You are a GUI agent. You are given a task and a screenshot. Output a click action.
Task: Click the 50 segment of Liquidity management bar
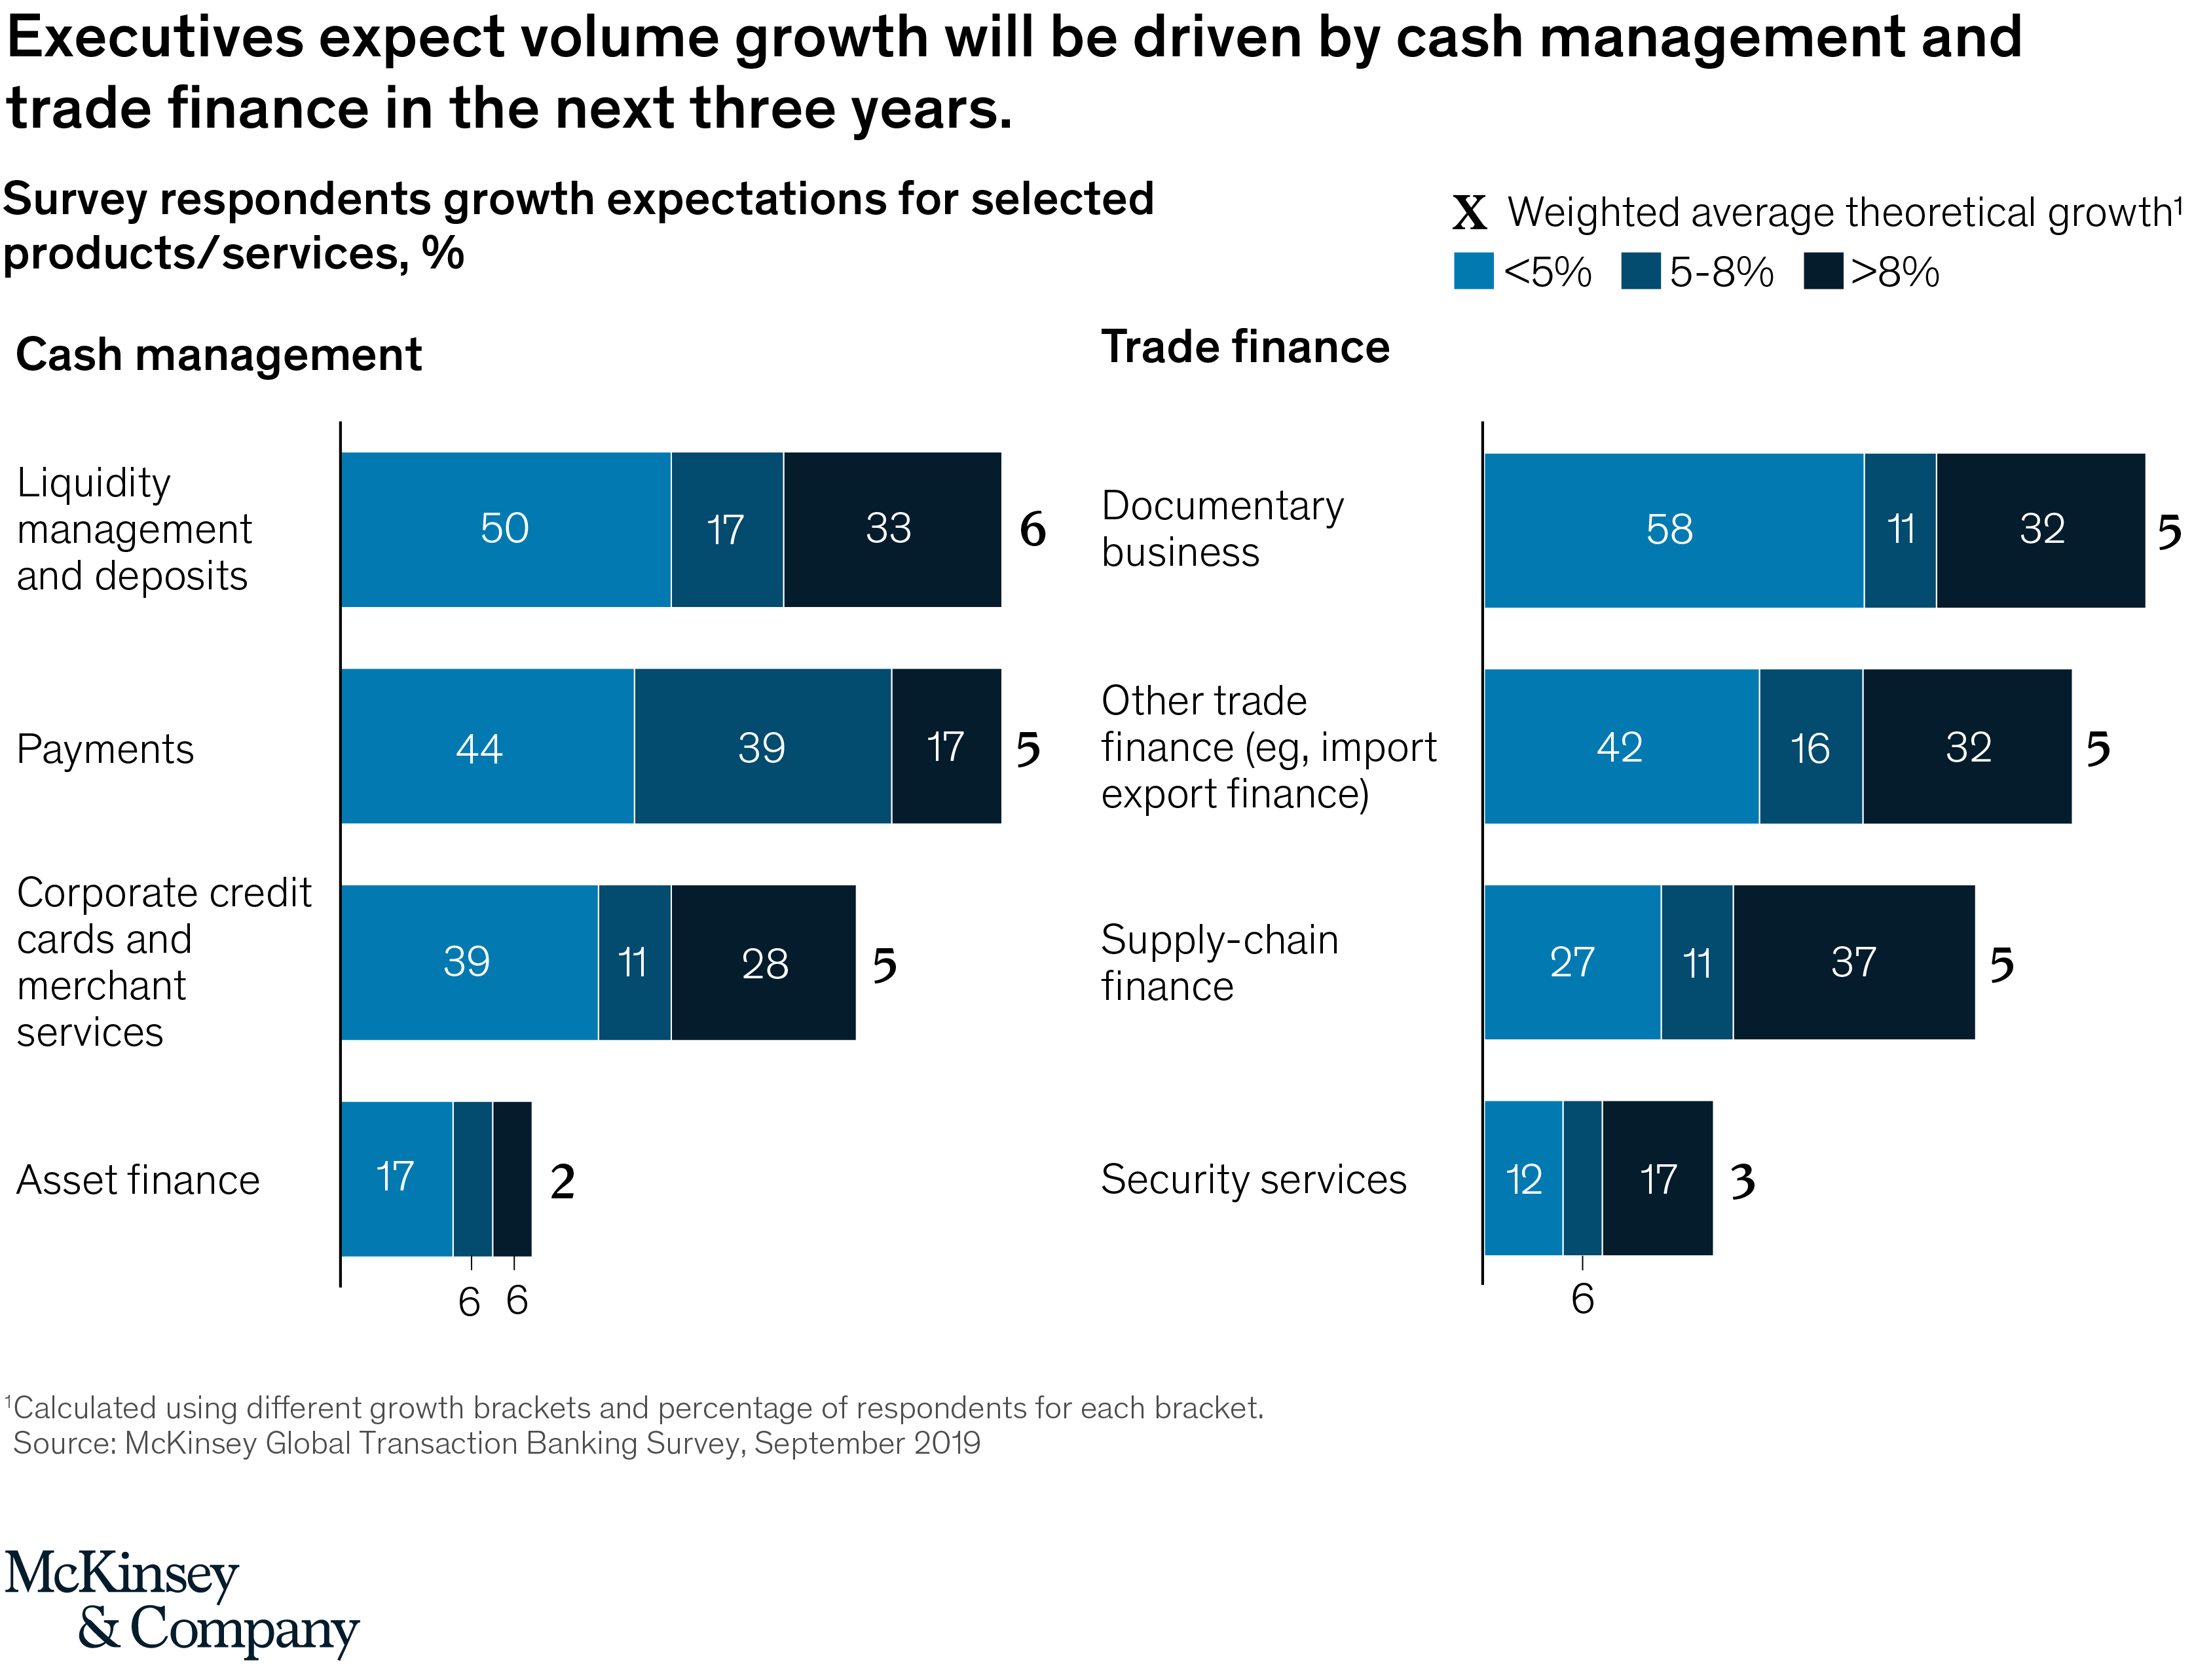tap(504, 529)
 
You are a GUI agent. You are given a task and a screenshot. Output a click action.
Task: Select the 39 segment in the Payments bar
tap(762, 746)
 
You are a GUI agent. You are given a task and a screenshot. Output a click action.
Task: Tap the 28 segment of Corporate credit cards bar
tap(764, 963)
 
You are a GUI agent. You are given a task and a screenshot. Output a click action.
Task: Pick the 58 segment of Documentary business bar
tap(1671, 529)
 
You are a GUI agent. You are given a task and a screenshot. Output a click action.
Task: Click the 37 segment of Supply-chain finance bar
tap(1853, 963)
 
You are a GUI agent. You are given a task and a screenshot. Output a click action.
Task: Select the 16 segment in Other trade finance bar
tap(1810, 746)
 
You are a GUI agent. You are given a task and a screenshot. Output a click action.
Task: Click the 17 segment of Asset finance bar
tap(396, 1178)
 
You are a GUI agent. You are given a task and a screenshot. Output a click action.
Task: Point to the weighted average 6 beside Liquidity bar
tap(1032, 529)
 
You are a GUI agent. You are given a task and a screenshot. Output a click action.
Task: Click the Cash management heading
tap(219, 354)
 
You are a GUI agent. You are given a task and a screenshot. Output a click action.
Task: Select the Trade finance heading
tap(1245, 346)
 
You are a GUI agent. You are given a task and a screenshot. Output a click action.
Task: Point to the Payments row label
tap(105, 748)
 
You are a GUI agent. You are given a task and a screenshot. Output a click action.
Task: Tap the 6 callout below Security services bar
tap(1582, 1299)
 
